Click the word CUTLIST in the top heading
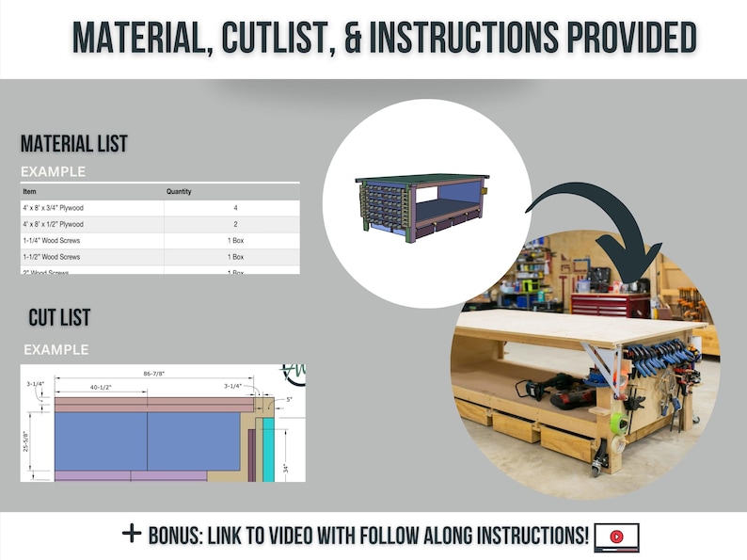coord(273,37)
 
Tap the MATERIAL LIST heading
coord(74,144)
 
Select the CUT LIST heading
coord(59,318)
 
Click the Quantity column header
coord(179,191)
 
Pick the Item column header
coord(30,191)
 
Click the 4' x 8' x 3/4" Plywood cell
coord(54,207)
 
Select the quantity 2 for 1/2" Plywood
coord(235,224)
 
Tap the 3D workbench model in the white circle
coord(422,208)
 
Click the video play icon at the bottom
coord(616,536)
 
